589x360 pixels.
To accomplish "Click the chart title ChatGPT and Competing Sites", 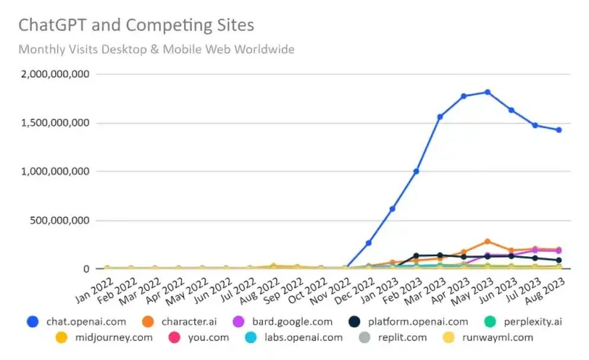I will coord(136,26).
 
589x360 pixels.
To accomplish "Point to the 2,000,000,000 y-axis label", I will coord(55,74).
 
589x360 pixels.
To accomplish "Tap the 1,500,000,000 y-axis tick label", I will coord(55,123).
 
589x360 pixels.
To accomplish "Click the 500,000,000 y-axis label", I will coord(60,220).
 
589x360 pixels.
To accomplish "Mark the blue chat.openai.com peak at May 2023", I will coord(487,92).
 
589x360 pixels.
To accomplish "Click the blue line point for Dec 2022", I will coord(369,243).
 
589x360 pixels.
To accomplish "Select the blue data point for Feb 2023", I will coord(416,171).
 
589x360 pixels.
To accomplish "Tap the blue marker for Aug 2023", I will coord(559,130).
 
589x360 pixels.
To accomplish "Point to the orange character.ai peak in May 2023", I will coord(487,241).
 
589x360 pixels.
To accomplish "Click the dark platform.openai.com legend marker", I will coord(354,322).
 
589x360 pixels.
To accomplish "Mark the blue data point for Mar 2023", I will coord(440,116).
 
